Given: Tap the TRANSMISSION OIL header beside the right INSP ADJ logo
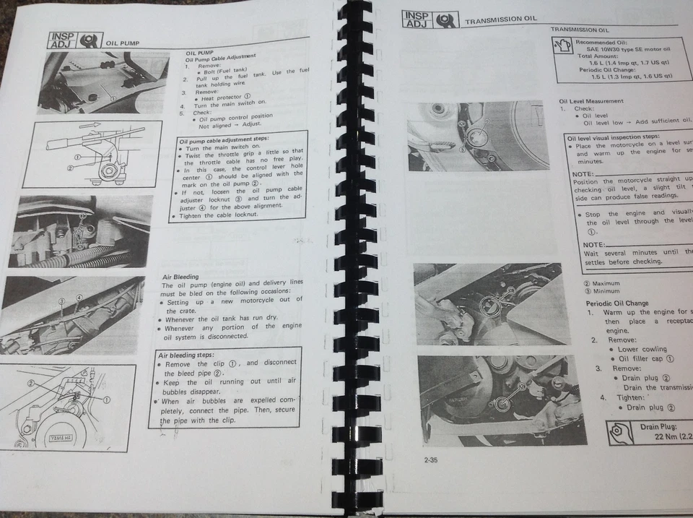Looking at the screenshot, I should tap(502, 21).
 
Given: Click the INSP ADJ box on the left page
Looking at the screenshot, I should tap(63, 40).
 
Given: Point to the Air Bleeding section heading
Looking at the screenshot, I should tap(180, 277).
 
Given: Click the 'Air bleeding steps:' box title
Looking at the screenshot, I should tap(186, 355).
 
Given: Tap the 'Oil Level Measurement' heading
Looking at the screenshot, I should tap(591, 101).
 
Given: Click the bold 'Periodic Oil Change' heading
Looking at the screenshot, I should tap(616, 303).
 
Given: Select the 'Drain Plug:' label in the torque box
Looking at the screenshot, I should tap(658, 426).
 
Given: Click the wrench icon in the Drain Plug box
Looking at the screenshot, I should tap(620, 432).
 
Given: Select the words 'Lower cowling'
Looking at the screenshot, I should tap(642, 349).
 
